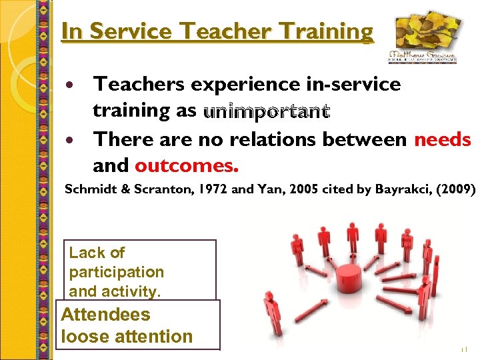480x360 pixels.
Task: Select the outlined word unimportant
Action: coord(267,111)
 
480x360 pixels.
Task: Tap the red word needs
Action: coord(442,139)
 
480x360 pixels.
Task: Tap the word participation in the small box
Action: coord(117,272)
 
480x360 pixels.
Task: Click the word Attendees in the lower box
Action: coord(106,315)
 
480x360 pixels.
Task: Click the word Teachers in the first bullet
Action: coord(140,84)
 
